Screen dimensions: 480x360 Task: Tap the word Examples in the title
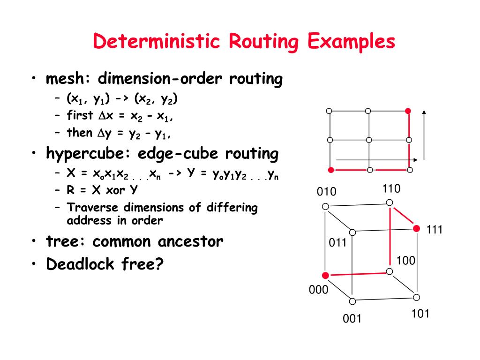[352, 42]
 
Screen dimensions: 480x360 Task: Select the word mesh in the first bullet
[64, 79]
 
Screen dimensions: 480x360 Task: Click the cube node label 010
[327, 192]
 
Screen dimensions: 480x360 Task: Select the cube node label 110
[391, 189]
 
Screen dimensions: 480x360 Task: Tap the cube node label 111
[435, 230]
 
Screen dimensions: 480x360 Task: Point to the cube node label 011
[337, 243]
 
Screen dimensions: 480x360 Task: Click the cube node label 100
[406, 261]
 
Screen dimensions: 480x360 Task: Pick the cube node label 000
[318, 290]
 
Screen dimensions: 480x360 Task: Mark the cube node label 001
[352, 319]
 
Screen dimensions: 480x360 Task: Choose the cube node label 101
[420, 314]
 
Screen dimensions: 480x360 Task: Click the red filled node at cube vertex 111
[416, 228]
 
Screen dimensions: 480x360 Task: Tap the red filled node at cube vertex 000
[325, 276]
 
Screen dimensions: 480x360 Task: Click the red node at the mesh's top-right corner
[408, 111]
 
